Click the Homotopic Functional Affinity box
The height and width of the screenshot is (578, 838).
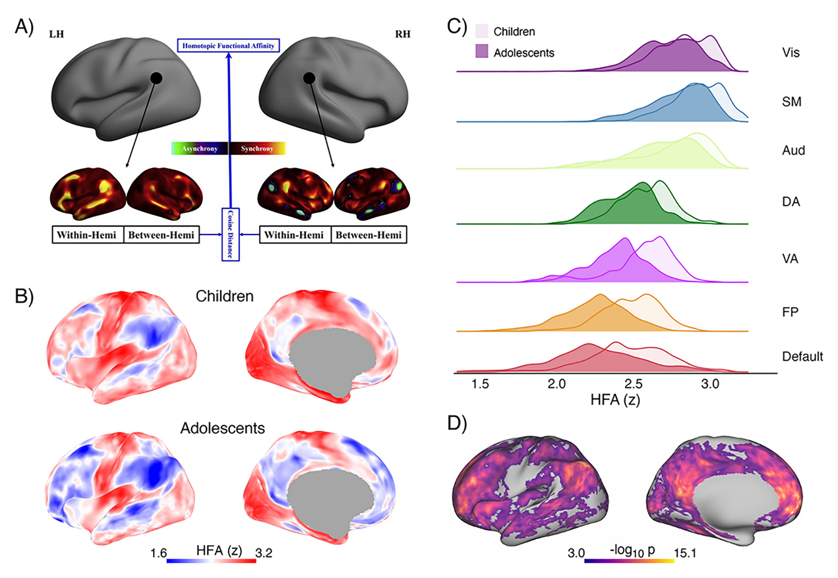[x=229, y=45]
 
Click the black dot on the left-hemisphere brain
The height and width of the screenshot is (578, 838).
[x=156, y=78]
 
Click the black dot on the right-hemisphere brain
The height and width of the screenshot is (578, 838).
[x=308, y=78]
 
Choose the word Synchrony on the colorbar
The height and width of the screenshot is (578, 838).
[x=256, y=149]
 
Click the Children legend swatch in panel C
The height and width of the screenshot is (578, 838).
[x=481, y=30]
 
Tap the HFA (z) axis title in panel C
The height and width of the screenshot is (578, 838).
[x=617, y=400]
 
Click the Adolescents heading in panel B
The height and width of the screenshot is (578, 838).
[x=223, y=428]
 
